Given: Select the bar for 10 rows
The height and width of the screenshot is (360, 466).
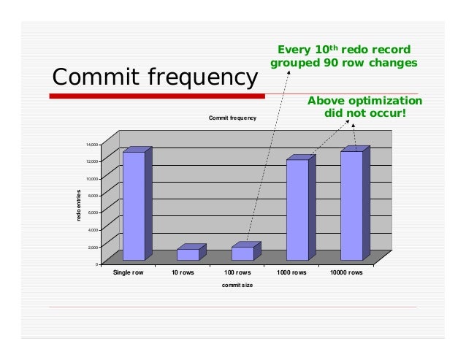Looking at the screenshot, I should point(188,254).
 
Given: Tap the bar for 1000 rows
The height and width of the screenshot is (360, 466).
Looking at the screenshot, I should point(297,210).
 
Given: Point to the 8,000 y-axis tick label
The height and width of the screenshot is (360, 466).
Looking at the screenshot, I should point(92,196).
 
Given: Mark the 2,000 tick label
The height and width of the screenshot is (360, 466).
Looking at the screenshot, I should point(92,247).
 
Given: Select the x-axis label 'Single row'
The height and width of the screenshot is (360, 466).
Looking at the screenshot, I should point(129,273).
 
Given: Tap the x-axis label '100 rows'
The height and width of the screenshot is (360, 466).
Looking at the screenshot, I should point(238,273).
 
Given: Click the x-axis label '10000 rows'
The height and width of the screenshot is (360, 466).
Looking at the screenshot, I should point(347,273).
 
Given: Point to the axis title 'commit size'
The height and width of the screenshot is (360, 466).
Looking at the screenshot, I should point(237,285).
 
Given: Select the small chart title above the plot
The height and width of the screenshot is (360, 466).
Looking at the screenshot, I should point(232,118).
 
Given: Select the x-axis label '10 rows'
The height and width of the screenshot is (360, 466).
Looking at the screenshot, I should point(183,273).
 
